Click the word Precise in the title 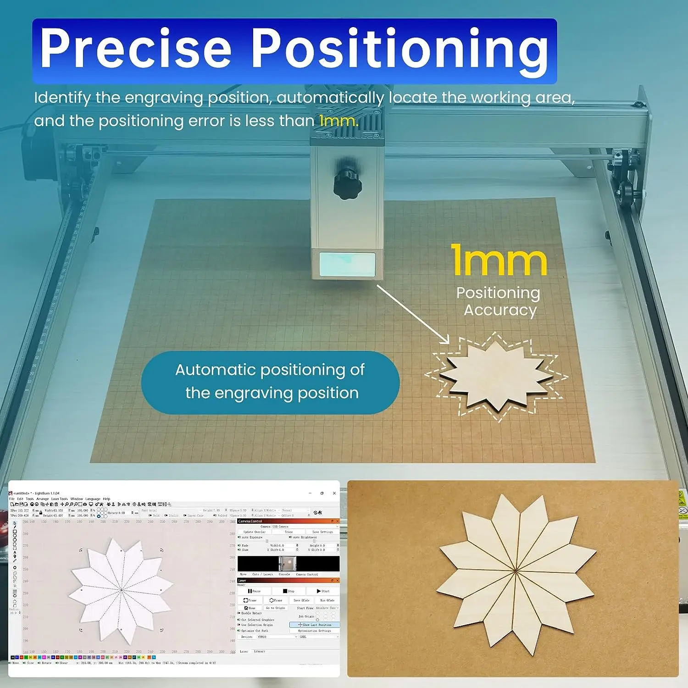135,48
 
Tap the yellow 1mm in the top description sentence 338,121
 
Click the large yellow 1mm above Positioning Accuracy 499,261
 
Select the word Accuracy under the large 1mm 500,311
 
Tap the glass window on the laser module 347,265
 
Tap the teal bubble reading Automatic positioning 270,382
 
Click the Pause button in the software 254,591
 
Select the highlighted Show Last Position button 315,625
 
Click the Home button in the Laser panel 250,608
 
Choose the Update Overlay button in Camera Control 254,532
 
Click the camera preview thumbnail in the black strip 288,563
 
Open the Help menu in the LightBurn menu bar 106,499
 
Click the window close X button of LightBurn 334,493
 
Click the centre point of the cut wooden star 516,571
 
